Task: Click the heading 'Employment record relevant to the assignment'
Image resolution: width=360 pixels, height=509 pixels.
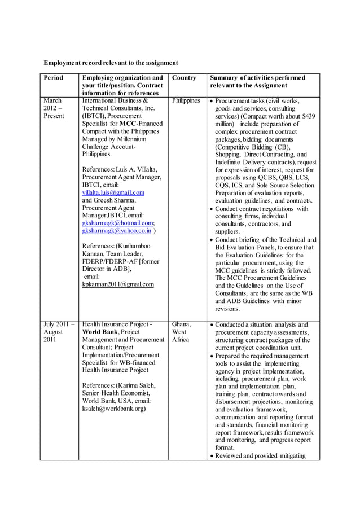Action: tap(111, 63)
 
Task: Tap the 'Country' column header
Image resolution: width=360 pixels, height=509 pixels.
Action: tap(184, 77)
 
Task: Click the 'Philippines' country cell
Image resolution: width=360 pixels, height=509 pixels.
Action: tap(186, 101)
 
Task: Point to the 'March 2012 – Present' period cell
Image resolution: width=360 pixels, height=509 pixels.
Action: tap(54, 108)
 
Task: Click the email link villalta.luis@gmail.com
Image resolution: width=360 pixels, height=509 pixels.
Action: tap(113, 192)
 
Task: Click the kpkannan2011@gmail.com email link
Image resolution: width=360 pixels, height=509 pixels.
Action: tap(118, 284)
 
